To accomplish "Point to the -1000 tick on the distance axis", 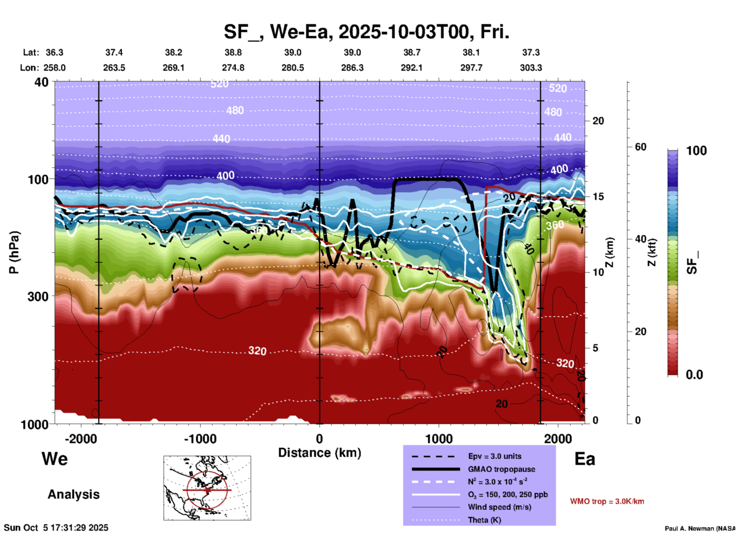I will (200, 439).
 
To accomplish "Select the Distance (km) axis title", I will (319, 453).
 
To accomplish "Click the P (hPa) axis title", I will (14, 252).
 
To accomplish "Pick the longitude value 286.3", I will (352, 68).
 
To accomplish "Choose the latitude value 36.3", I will (54, 52).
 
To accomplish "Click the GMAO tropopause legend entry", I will (501, 469).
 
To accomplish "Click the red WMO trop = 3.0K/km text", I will (607, 501).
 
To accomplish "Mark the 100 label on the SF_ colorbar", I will (696, 151).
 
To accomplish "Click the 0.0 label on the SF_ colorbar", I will (694, 375).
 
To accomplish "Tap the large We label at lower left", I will (55, 458).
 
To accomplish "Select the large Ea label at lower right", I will (585, 459).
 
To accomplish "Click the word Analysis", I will (73, 494).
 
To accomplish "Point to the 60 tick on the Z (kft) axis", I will (640, 147).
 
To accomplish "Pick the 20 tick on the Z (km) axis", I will (598, 121).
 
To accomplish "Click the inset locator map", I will (207, 488).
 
